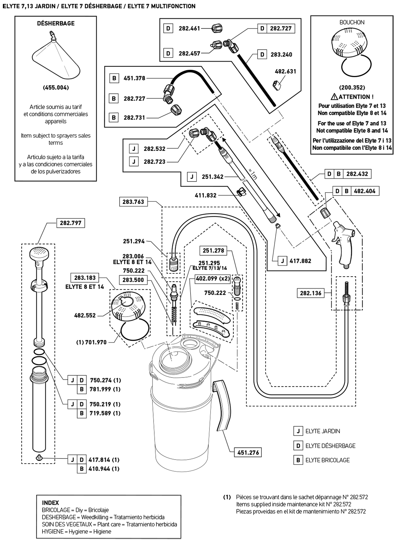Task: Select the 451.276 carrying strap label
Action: (248, 452)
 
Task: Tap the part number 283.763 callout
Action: (133, 202)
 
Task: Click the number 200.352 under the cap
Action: (352, 88)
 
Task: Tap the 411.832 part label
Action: (206, 195)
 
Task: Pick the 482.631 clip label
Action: (285, 71)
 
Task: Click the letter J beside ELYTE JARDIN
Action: (298, 431)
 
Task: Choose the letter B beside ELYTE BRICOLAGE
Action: (298, 460)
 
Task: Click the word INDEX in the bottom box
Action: (50, 502)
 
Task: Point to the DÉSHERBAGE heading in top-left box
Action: (56, 23)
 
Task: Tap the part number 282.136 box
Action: (311, 293)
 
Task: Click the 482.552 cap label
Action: (85, 315)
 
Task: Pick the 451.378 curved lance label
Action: (134, 78)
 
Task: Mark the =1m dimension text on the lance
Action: (253, 174)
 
